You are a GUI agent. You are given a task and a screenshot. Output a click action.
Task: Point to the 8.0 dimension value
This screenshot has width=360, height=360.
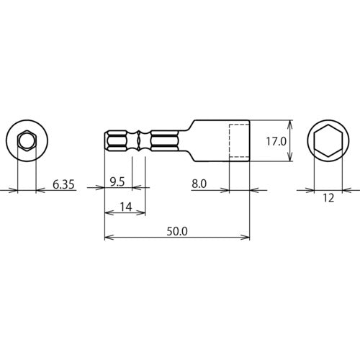pyautogui.click(x=199, y=184)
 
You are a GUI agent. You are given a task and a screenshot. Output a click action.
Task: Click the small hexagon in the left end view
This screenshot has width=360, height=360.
pyautogui.click(x=26, y=140)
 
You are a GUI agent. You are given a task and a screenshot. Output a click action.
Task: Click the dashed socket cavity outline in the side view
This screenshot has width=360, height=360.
pyautogui.click(x=239, y=141)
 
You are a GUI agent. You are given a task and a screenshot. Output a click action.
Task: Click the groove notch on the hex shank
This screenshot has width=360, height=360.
pyautogui.click(x=138, y=141)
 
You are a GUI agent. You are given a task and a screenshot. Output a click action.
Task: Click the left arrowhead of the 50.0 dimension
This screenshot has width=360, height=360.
pyautogui.click(x=108, y=237)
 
